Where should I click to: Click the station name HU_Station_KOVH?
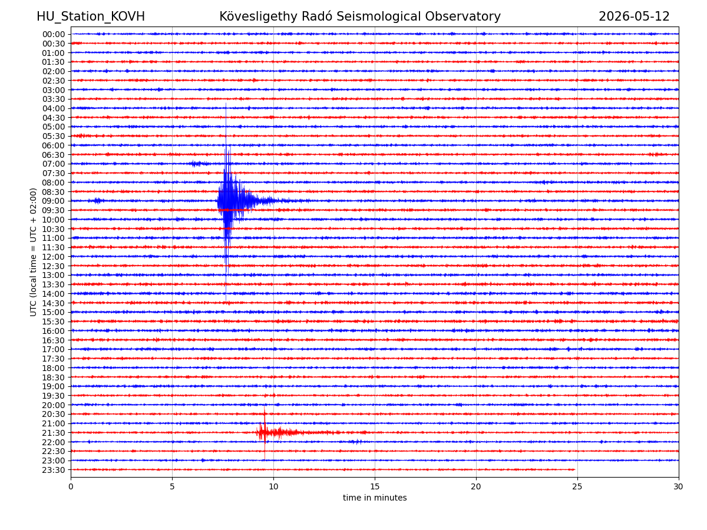(91, 16)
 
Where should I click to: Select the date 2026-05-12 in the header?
(633, 16)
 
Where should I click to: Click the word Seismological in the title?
(378, 16)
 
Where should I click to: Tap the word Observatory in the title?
(462, 16)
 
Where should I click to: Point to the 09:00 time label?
(54, 201)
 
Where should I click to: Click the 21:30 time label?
(54, 432)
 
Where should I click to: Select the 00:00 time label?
(54, 34)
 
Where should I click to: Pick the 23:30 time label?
(54, 469)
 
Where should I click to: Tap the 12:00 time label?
(54, 257)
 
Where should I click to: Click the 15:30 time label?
(54, 321)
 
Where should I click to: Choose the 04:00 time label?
(54, 108)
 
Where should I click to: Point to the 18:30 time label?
(54, 377)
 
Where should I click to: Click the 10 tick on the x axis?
(273, 486)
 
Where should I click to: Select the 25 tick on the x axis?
(577, 486)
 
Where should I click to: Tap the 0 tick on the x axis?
(71, 486)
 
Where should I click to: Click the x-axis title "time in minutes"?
(374, 498)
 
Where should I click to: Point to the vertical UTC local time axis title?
(33, 252)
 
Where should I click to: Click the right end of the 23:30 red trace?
(574, 469)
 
